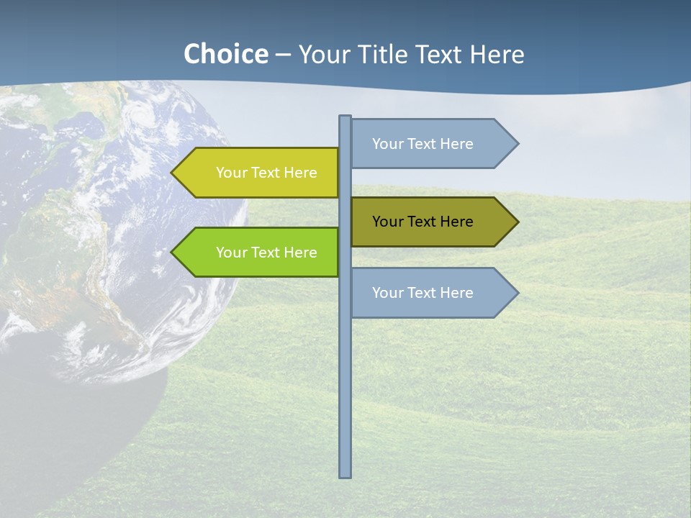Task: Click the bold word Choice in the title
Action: [x=225, y=54]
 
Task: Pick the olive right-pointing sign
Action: [x=428, y=222]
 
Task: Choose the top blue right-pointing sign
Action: [x=428, y=144]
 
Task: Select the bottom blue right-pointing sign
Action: [x=428, y=293]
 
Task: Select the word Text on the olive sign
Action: [x=423, y=222]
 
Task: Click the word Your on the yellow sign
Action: [x=231, y=173]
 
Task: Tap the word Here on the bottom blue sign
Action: [x=457, y=293]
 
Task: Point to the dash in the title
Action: [x=283, y=55]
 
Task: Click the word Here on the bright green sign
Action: [x=301, y=253]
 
